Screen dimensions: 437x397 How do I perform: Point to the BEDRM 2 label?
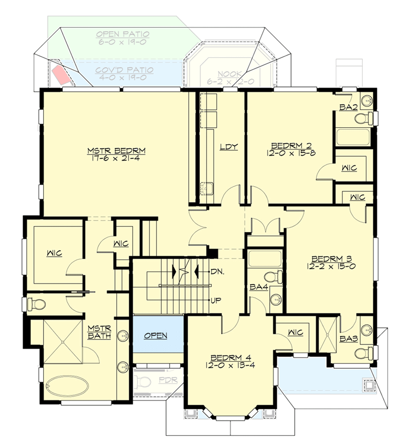coord(292,145)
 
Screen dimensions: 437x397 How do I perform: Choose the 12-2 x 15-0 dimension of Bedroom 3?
coord(331,267)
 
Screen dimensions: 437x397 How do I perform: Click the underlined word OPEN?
coord(156,335)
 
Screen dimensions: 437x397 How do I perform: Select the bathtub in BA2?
coord(353,137)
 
